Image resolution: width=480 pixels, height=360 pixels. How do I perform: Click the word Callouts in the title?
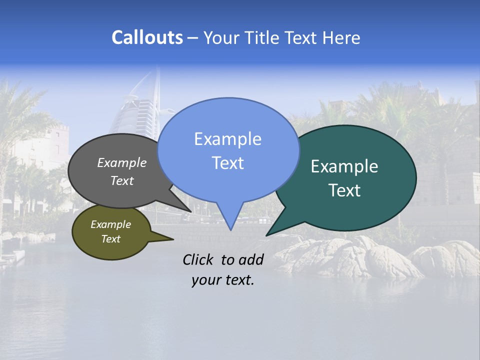click(147, 38)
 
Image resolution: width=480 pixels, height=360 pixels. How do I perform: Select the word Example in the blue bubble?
click(227, 139)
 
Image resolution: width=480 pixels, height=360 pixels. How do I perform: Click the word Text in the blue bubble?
click(227, 163)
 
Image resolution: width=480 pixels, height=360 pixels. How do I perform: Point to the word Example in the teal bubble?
click(344, 166)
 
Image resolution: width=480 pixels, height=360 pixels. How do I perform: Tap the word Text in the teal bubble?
click(344, 190)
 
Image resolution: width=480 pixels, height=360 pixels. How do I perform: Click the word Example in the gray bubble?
click(121, 163)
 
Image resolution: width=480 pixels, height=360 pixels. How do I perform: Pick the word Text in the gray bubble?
click(121, 181)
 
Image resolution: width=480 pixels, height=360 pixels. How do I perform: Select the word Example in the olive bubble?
click(110, 224)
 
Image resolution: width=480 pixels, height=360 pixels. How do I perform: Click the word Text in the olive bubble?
click(110, 239)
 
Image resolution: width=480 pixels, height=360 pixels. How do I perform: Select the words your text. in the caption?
click(222, 280)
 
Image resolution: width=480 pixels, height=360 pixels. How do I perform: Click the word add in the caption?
click(250, 259)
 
